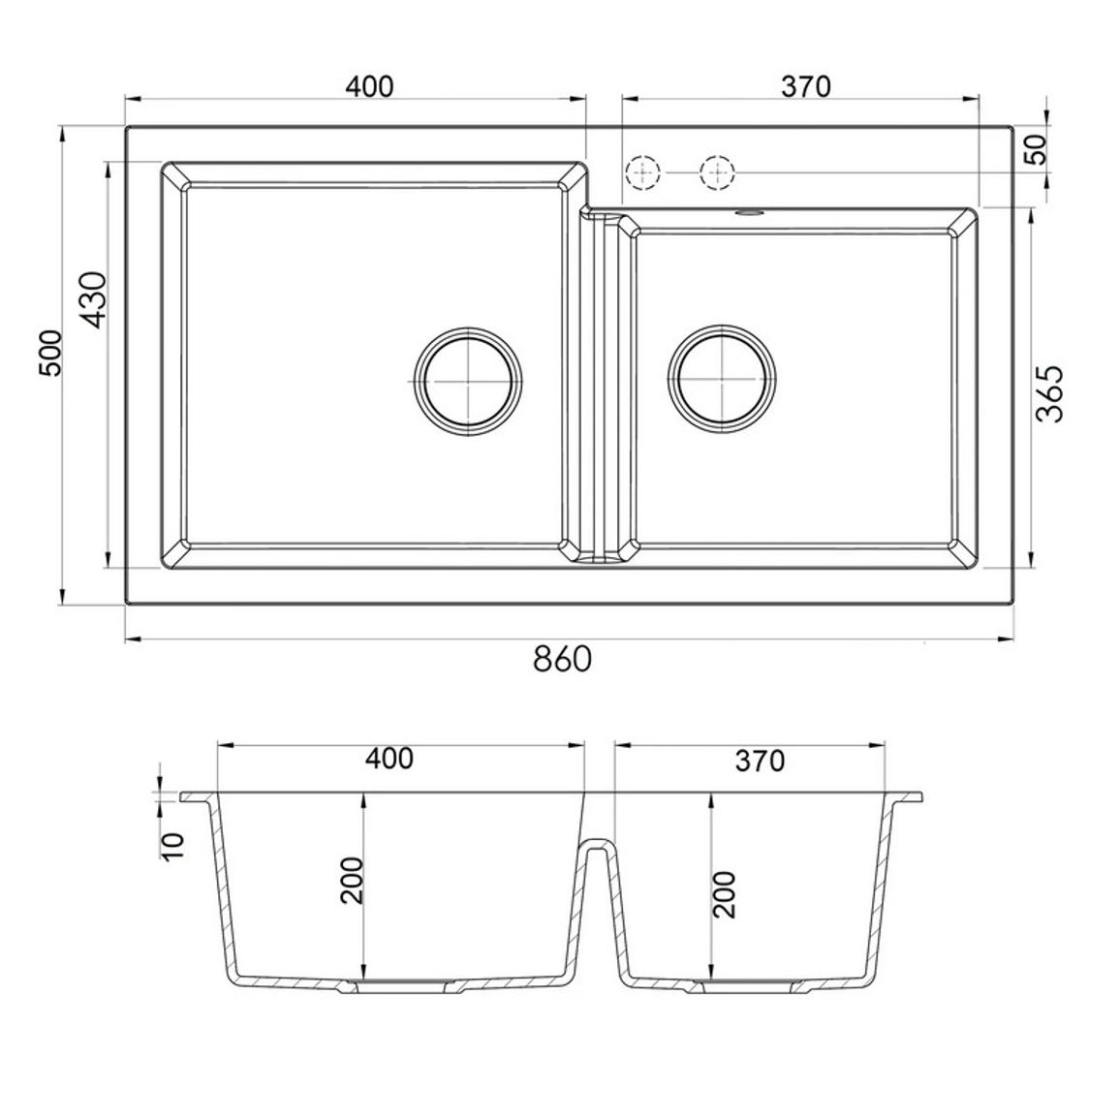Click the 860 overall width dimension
(x=562, y=659)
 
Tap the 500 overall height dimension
(x=51, y=352)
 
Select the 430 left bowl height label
(x=94, y=300)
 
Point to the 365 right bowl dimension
(x=1048, y=393)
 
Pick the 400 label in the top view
(x=369, y=86)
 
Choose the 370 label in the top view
(x=806, y=86)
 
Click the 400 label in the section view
(x=389, y=759)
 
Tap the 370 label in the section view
(x=760, y=762)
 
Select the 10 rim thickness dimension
(x=173, y=846)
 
